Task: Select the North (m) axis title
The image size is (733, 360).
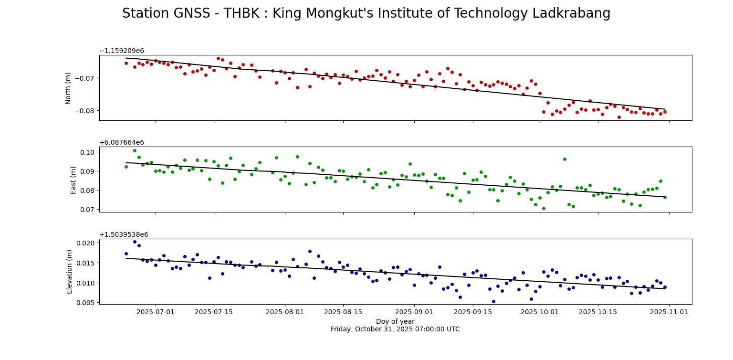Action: point(68,88)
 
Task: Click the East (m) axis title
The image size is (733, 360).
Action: point(73,180)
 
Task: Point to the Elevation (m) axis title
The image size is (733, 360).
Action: point(70,271)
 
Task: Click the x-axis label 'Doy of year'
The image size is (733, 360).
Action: point(395,321)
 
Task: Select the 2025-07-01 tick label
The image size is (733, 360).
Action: point(156,312)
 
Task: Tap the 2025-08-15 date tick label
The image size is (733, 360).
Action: point(343,312)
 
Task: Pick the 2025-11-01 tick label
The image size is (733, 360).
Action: point(669,312)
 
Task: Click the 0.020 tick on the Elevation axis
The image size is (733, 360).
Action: point(86,243)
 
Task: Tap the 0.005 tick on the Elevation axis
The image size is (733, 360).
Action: point(86,302)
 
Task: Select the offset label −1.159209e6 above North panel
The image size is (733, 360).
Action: point(121,51)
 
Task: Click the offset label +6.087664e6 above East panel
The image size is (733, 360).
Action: point(121,142)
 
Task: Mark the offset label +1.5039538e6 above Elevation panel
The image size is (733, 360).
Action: point(124,234)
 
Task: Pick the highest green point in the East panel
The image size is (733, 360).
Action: point(135,150)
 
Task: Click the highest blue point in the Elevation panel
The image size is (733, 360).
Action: point(135,242)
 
